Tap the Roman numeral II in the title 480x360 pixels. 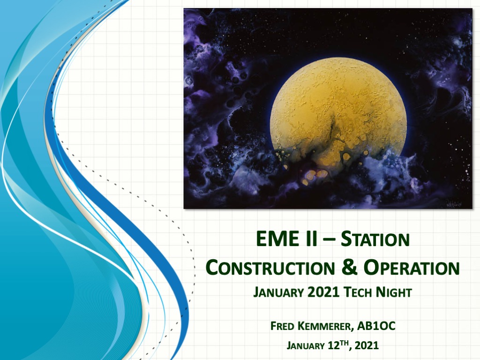click(311, 239)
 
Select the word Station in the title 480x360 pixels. click(375, 239)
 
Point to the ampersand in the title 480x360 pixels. click(349, 267)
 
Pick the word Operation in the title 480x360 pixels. click(412, 268)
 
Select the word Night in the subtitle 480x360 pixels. click(394, 292)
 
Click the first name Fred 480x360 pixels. click(282, 326)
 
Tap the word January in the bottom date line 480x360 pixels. click(306, 346)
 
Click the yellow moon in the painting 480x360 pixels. click(339, 113)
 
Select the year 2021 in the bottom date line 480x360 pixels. click(367, 345)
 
